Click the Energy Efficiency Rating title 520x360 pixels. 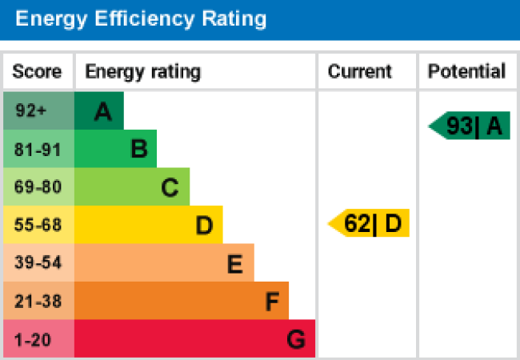(x=140, y=18)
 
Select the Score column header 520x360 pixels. (x=37, y=72)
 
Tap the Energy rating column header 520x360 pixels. (x=142, y=72)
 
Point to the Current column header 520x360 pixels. (x=360, y=72)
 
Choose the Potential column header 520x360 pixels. (x=466, y=72)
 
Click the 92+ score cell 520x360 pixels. (x=31, y=111)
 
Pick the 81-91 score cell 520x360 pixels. (x=37, y=149)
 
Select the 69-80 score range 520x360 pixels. (x=37, y=187)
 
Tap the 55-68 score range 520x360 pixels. (x=37, y=226)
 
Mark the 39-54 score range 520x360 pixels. (x=37, y=263)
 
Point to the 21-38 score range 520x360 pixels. (x=37, y=302)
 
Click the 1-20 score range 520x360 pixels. (x=33, y=340)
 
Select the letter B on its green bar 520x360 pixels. (x=138, y=149)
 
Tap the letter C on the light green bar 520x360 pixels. (x=170, y=188)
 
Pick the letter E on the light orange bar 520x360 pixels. (x=234, y=265)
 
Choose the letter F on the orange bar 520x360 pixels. (x=272, y=302)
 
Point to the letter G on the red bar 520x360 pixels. (x=296, y=341)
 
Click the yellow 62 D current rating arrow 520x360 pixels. (x=370, y=223)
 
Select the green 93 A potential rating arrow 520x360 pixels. (x=470, y=126)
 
